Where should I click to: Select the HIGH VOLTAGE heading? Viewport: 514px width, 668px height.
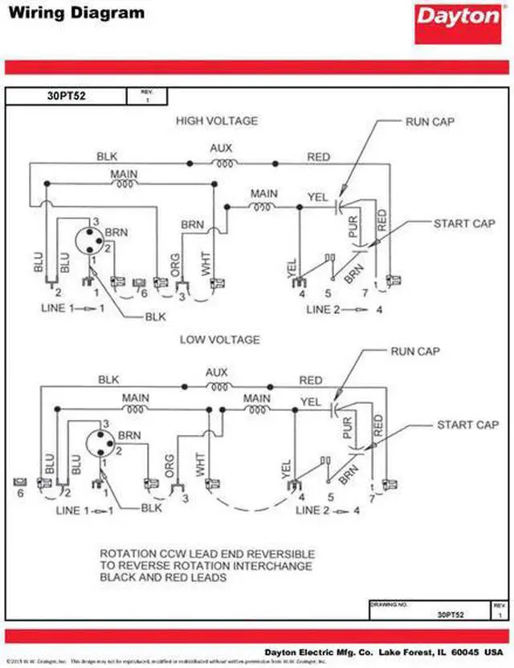217,120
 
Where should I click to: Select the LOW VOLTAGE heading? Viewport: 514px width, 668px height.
219,340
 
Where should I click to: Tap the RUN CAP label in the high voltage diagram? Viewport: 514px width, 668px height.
432,120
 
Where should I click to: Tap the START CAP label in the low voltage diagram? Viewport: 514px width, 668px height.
467,425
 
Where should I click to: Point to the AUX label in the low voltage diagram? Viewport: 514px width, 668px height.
217,373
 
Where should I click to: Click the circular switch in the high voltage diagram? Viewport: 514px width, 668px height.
88,238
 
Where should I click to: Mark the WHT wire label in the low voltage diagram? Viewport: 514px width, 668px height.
200,464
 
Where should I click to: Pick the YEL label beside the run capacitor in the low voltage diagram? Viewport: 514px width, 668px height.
310,401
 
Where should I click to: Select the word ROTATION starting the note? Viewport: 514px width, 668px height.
126,554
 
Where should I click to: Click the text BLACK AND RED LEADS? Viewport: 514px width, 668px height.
163,577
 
